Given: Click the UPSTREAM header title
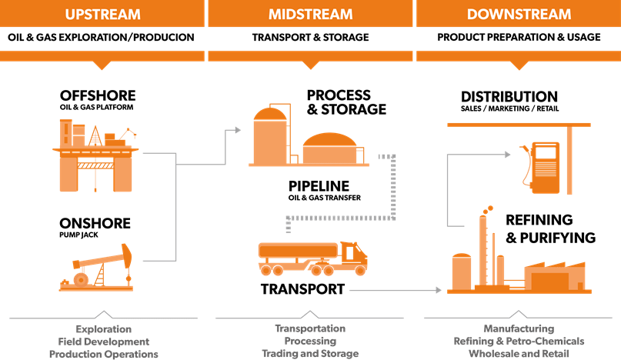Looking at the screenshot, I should pyautogui.click(x=102, y=15).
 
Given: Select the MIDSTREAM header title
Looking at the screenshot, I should pyautogui.click(x=310, y=15).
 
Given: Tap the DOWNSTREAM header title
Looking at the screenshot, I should pyautogui.click(x=519, y=15).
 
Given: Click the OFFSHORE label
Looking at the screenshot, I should pyautogui.click(x=98, y=96).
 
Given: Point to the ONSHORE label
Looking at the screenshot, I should pyautogui.click(x=95, y=224).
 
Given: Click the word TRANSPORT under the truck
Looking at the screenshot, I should pyautogui.click(x=302, y=290).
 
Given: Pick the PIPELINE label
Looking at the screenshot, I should pyautogui.click(x=319, y=186).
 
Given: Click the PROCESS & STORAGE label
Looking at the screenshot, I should pyautogui.click(x=346, y=102).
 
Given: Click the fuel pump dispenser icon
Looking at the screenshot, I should pyautogui.click(x=544, y=162).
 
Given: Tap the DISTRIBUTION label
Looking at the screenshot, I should pyautogui.click(x=509, y=97).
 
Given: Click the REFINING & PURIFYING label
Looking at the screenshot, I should pyautogui.click(x=549, y=228).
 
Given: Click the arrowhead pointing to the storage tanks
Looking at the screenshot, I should pyautogui.click(x=235, y=131).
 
